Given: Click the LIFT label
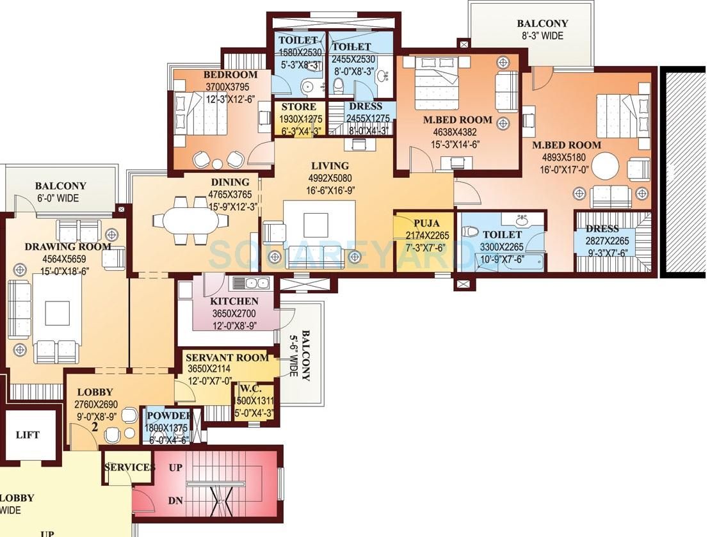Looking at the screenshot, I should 28,435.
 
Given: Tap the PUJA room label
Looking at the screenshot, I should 426,223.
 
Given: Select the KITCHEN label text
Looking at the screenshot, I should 234,301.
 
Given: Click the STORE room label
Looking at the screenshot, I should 299,107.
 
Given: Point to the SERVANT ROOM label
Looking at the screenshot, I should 227,358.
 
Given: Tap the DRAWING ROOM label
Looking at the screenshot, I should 68,247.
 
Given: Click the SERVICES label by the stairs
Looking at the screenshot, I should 129,467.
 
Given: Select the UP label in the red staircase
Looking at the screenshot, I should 175,468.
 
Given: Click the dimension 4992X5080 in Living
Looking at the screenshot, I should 330,178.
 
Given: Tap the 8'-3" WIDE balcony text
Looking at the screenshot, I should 542,36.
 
